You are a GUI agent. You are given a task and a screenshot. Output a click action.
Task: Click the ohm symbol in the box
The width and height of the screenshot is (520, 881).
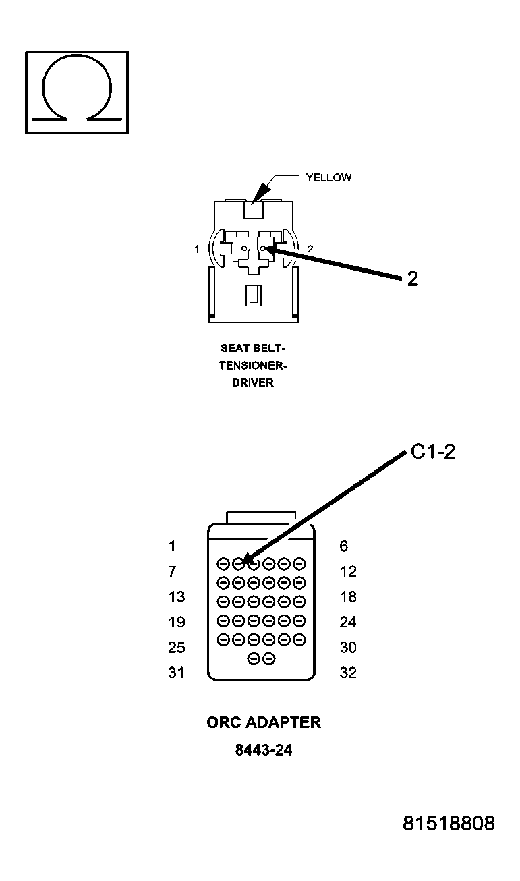tap(76, 91)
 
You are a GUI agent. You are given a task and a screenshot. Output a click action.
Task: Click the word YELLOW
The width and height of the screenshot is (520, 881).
tap(328, 178)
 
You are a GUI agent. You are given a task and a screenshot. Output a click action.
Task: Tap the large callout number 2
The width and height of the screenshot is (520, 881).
tap(412, 279)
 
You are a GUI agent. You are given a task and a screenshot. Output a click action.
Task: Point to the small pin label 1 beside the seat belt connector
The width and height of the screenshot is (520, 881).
tap(197, 249)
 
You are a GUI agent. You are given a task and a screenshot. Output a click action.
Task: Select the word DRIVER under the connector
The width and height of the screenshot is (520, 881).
tap(247, 382)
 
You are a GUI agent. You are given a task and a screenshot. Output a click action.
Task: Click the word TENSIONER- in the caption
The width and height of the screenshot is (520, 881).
tap(247, 366)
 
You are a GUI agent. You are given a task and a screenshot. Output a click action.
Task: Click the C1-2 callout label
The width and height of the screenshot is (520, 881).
tap(432, 452)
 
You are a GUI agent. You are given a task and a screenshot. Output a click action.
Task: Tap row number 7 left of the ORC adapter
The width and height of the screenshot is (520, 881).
tap(172, 571)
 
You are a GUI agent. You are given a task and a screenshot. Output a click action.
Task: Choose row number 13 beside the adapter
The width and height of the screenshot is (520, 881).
tap(176, 597)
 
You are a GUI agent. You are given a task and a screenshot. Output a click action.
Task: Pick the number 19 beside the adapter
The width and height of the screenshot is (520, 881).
tap(176, 622)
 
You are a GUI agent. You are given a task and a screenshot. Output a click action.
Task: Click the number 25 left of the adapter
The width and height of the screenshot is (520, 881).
tap(176, 648)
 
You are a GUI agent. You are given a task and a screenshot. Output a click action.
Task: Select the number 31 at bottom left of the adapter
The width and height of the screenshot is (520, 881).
tap(176, 673)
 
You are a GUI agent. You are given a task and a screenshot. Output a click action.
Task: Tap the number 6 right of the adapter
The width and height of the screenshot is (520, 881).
tap(344, 546)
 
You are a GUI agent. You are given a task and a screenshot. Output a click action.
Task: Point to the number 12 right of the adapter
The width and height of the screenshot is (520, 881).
tap(348, 571)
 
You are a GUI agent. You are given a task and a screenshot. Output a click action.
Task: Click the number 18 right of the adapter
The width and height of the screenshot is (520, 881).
tap(348, 597)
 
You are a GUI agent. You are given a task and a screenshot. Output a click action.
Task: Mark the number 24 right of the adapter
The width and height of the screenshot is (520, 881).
tap(348, 622)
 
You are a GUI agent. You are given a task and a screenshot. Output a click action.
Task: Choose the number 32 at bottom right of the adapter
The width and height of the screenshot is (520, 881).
tap(348, 673)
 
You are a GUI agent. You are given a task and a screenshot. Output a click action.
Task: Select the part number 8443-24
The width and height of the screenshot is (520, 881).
tap(263, 750)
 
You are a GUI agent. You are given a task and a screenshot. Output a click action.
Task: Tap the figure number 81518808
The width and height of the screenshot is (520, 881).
tap(449, 824)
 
